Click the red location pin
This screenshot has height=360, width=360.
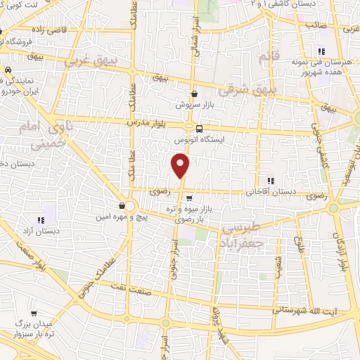point(181,165)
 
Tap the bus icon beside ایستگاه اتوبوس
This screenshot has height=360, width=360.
point(199,129)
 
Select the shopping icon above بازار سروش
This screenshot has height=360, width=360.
point(195,94)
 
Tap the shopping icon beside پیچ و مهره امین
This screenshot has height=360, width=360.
point(122,206)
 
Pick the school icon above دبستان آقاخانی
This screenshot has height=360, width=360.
point(271,180)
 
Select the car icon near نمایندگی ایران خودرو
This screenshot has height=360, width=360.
point(6,70)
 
